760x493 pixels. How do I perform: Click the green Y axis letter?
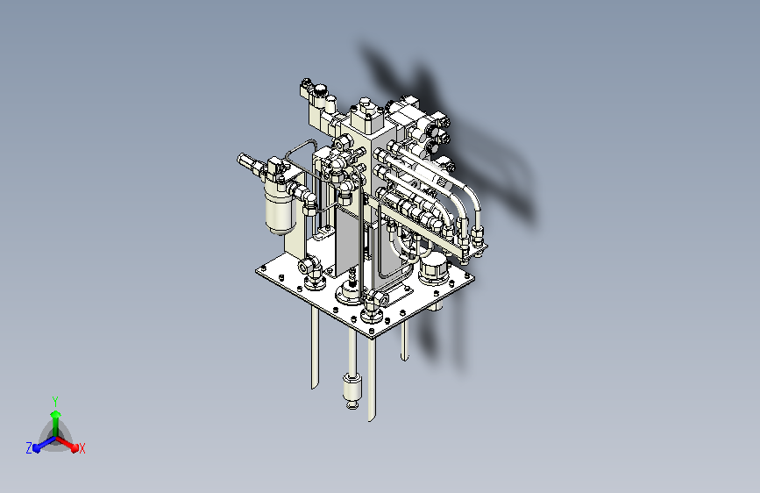point(55,401)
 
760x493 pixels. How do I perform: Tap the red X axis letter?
point(82,448)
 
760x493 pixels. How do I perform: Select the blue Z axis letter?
point(29,448)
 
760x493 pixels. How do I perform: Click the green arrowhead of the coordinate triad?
point(56,414)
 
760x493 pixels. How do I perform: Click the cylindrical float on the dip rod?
point(352,389)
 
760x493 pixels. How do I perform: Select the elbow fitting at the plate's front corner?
point(373,303)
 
